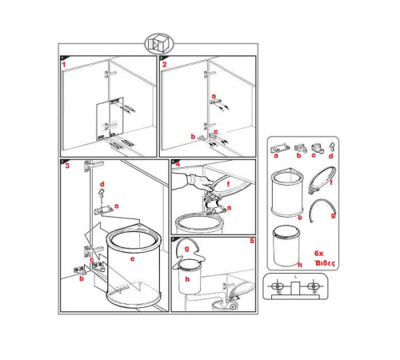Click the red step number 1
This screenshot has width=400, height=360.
pos(64,65)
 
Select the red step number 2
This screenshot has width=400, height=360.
pos(164,65)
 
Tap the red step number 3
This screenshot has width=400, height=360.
pos(67,166)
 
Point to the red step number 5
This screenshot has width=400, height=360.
pos(252,241)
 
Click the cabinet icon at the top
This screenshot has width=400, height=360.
pos(159,44)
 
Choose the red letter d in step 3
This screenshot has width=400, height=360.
pos(102,184)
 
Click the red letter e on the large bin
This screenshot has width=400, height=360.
pos(132,258)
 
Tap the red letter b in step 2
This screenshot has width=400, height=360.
pos(193,137)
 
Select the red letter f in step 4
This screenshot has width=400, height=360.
pos(228,183)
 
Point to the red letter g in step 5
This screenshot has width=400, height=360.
pos(186,249)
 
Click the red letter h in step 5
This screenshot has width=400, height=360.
pos(187,279)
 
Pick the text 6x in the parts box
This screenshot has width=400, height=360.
pos(318,253)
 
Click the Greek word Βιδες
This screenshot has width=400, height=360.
pos(325,263)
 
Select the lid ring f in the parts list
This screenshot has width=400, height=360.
pos(322,180)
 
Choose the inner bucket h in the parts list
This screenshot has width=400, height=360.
pos(286,246)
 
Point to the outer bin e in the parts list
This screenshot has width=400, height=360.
pos(287,192)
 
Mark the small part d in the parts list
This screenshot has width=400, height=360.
pos(332,146)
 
